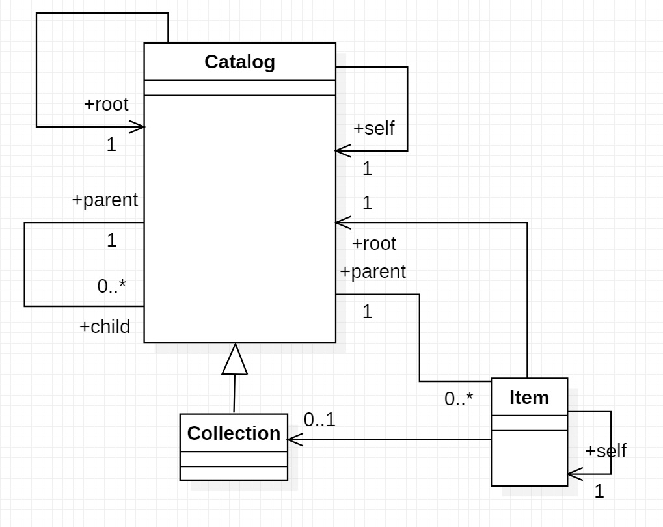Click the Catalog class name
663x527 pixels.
pyautogui.click(x=239, y=62)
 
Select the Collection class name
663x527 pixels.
pyautogui.click(x=234, y=433)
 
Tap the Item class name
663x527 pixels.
pyautogui.click(x=529, y=397)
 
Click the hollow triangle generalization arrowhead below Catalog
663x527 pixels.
pyautogui.click(x=235, y=360)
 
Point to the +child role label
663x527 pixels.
pyautogui.click(x=105, y=326)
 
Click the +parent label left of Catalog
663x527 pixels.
pyautogui.click(x=105, y=200)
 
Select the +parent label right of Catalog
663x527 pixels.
pyautogui.click(x=373, y=271)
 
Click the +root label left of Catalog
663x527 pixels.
pyautogui.click(x=106, y=104)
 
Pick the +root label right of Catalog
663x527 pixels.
pyautogui.click(x=374, y=243)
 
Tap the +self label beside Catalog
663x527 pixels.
pyautogui.click(x=374, y=128)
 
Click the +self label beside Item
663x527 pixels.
pyautogui.click(x=606, y=450)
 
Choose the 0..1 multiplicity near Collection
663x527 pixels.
pyautogui.click(x=319, y=420)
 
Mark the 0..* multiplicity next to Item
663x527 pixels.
pyautogui.click(x=459, y=399)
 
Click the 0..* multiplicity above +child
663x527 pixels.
pyautogui.click(x=112, y=286)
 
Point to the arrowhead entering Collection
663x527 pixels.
pyautogui.click(x=294, y=440)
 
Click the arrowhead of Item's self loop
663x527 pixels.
pyautogui.click(x=574, y=474)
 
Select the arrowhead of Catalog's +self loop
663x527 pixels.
pyautogui.click(x=342, y=151)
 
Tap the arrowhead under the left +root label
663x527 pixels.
pyautogui.click(x=137, y=126)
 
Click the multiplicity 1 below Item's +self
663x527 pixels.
pyautogui.click(x=599, y=492)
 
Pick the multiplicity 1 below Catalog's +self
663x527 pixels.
pyautogui.click(x=368, y=169)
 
